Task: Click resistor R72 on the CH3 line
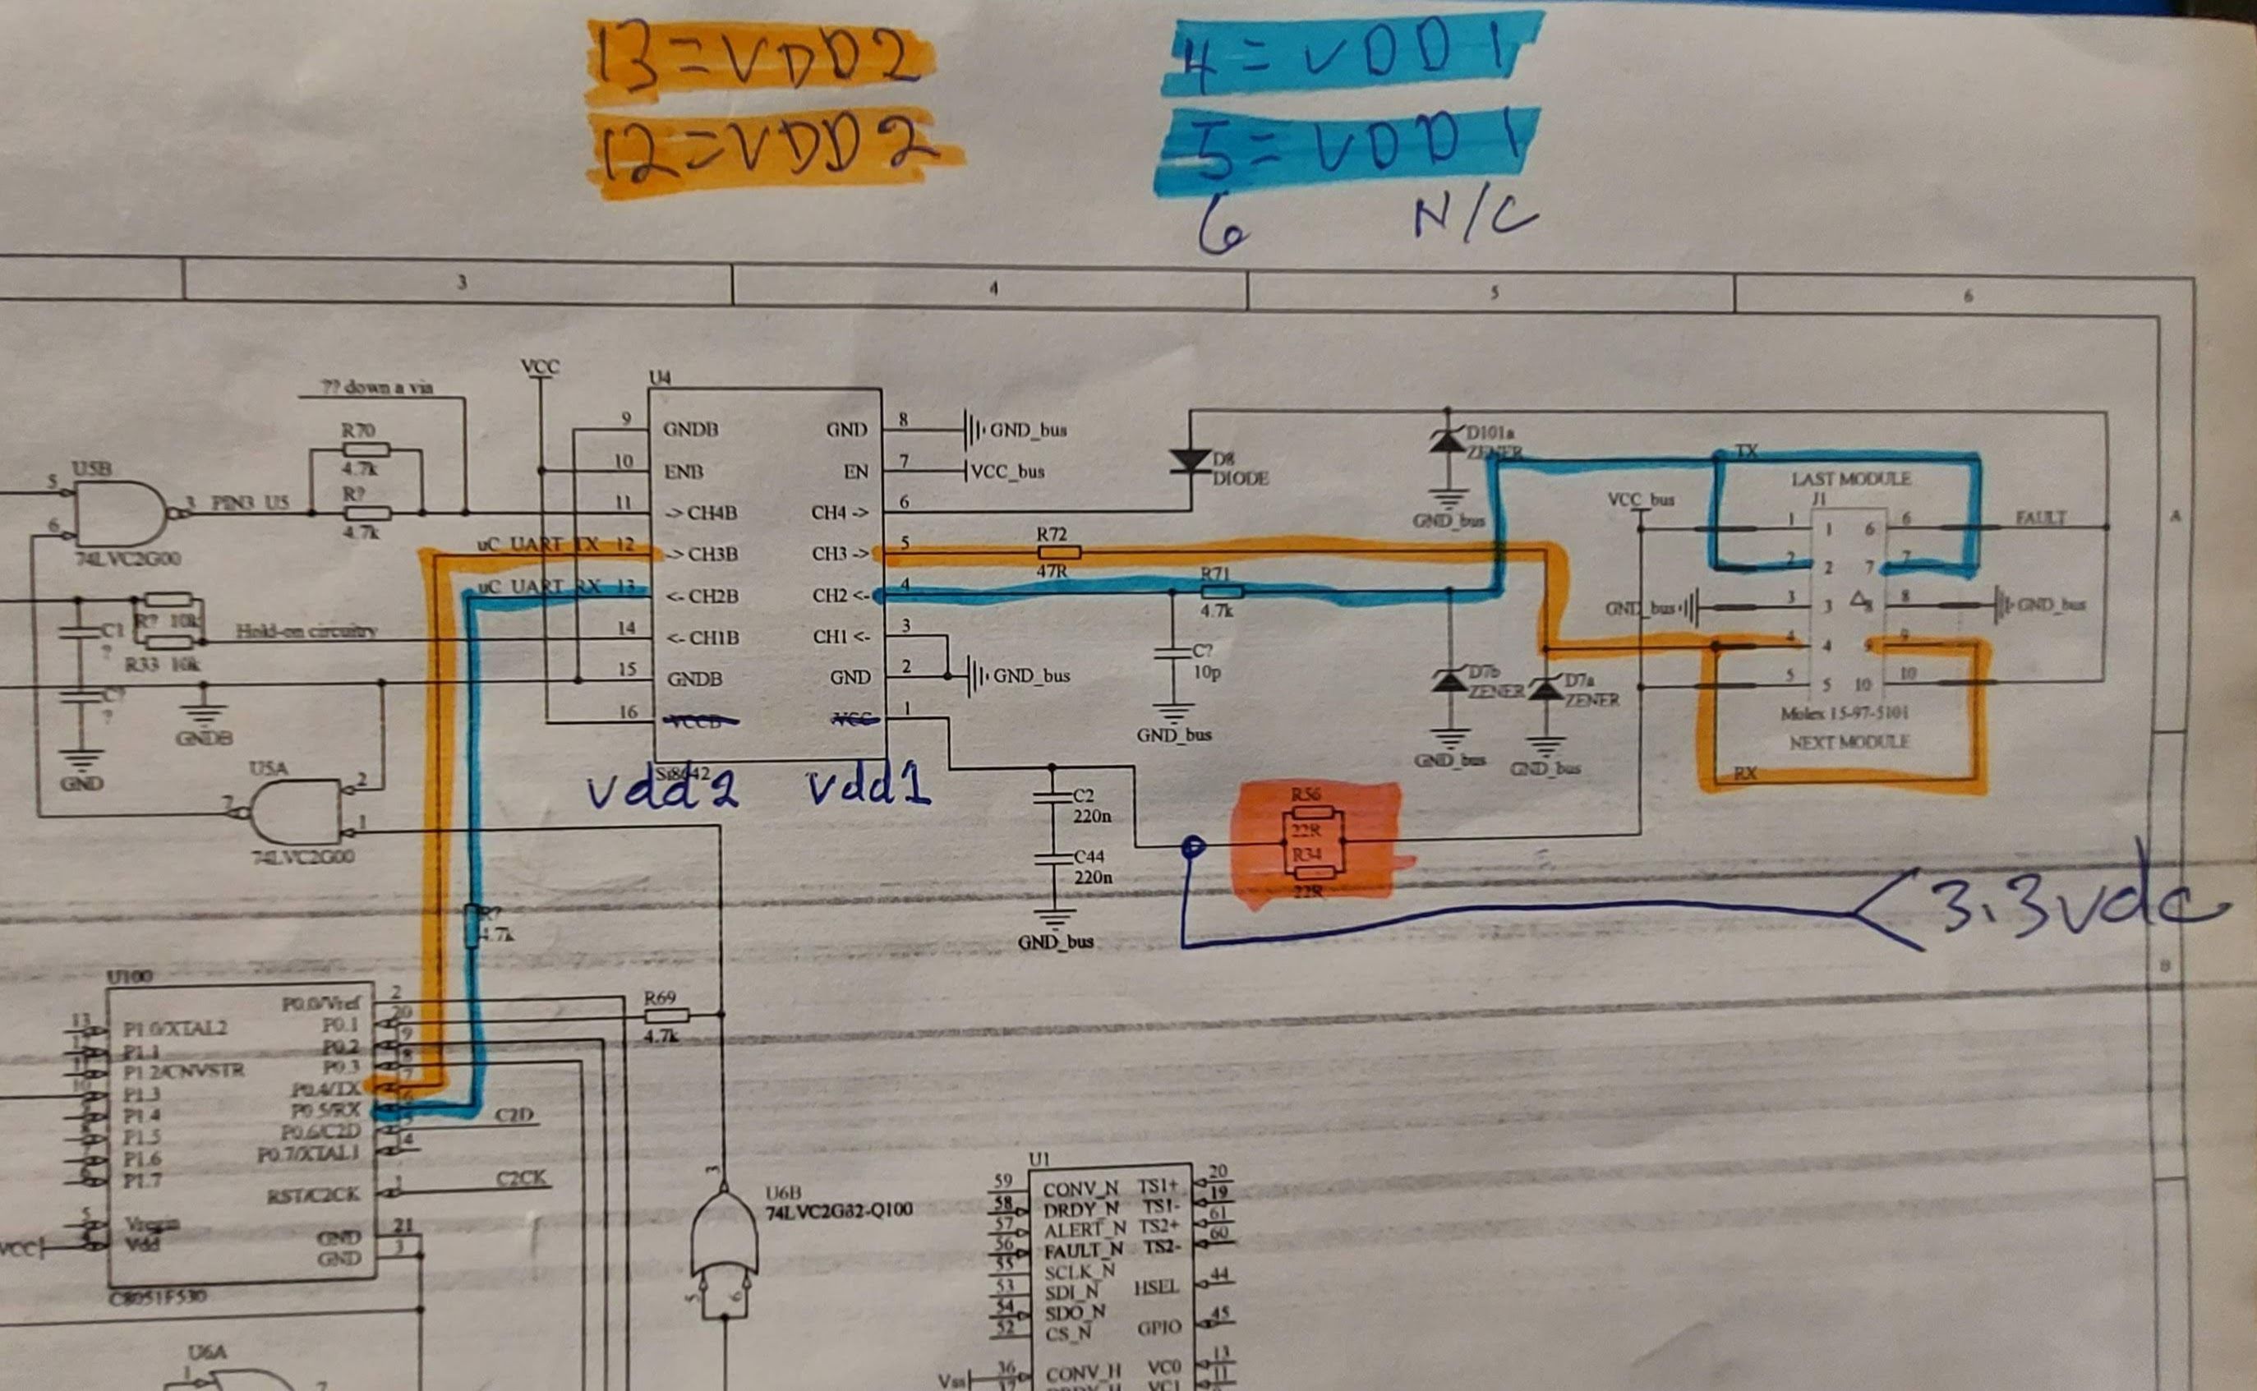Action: click(x=1058, y=552)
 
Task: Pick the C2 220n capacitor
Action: click(x=1053, y=797)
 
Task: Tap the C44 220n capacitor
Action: click(x=1053, y=860)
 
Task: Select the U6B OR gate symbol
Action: click(x=724, y=1232)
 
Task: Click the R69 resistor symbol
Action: click(x=666, y=1015)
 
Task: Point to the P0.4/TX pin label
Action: click(x=326, y=1089)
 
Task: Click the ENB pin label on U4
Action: click(x=684, y=472)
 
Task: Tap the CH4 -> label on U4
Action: click(x=839, y=513)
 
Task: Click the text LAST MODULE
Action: click(x=1850, y=479)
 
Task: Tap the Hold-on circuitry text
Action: click(x=306, y=631)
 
